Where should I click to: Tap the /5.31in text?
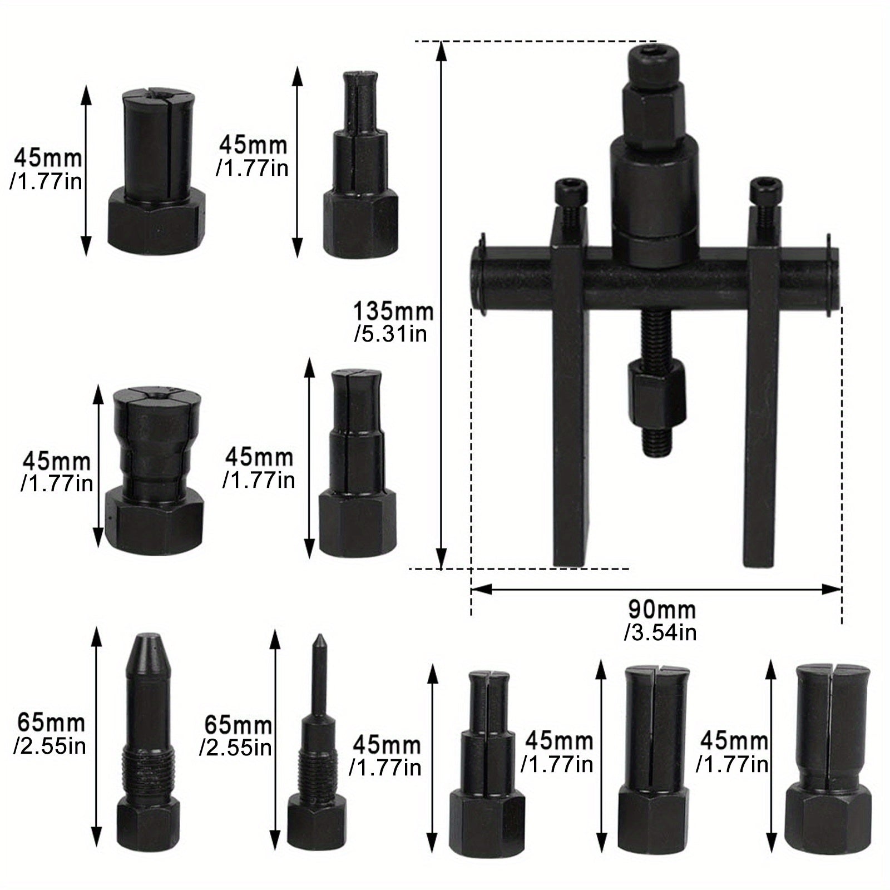[390, 334]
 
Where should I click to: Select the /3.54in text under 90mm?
[660, 633]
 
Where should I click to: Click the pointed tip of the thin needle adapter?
[320, 637]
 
